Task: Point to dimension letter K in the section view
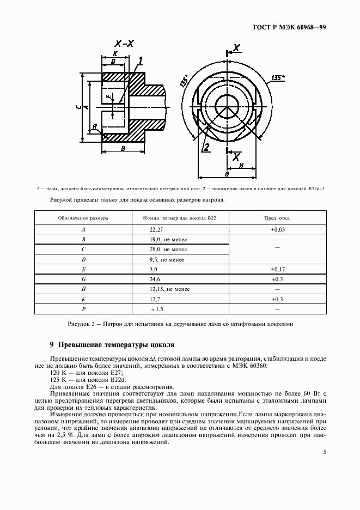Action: pos(115,54)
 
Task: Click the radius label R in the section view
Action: pos(95,126)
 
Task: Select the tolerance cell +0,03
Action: pos(278,230)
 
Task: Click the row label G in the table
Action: pos(83,279)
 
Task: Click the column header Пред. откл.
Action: pos(277,217)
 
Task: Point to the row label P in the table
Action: pos(83,309)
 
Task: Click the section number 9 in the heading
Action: pos(51,345)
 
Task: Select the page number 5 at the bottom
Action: pos(325,452)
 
